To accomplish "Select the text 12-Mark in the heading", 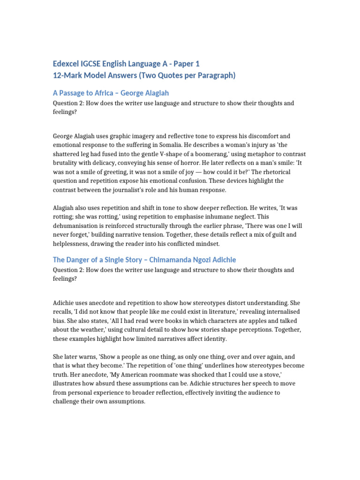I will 68,75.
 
